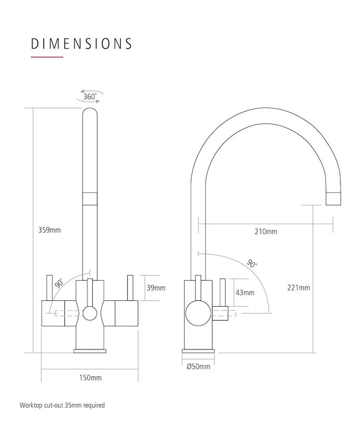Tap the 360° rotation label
(x=90, y=98)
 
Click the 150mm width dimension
(x=90, y=377)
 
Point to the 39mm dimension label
(x=155, y=288)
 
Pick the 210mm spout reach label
(x=265, y=232)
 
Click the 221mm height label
(x=298, y=288)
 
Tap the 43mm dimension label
(x=244, y=293)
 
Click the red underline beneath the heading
(x=47, y=57)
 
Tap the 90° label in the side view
(x=252, y=264)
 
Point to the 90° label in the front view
(x=58, y=282)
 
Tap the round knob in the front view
(x=90, y=312)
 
